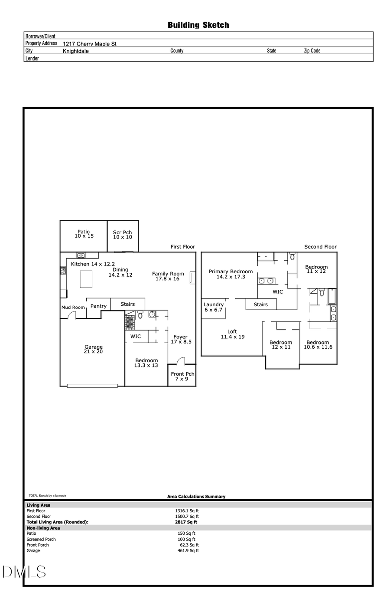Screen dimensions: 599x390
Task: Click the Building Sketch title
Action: click(x=198, y=25)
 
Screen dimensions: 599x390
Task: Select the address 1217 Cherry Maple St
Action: click(x=89, y=44)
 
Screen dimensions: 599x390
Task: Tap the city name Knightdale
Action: click(x=75, y=51)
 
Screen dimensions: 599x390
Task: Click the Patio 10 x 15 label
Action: click(x=84, y=234)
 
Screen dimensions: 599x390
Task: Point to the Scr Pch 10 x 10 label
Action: click(x=122, y=235)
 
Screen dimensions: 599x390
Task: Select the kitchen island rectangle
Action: click(x=86, y=279)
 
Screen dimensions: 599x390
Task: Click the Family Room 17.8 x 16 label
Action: click(x=168, y=276)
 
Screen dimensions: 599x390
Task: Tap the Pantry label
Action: click(x=98, y=306)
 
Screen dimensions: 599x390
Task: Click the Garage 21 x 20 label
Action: click(x=94, y=349)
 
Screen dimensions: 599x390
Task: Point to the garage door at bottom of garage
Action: click(x=92, y=385)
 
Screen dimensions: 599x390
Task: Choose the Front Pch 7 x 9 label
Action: click(x=182, y=376)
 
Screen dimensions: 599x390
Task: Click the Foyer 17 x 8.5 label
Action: click(x=181, y=339)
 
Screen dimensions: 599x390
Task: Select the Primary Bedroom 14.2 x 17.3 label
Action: click(x=231, y=274)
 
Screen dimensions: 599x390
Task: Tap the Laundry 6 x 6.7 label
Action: click(x=213, y=307)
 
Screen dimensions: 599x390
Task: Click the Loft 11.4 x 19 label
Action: click(x=232, y=334)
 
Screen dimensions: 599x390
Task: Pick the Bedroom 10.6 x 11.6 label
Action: click(x=318, y=345)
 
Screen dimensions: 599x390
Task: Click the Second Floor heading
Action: click(x=320, y=247)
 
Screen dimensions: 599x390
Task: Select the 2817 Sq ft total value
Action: click(x=186, y=522)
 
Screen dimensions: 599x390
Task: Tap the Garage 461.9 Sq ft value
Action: click(x=188, y=551)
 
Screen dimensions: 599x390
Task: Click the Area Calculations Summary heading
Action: click(x=196, y=497)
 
